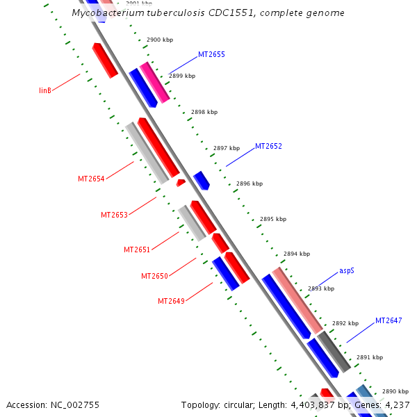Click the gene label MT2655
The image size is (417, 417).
211,54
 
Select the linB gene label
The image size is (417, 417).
46,90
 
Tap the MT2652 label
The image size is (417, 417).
268,147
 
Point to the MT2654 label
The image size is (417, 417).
91,179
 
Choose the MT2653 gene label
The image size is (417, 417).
114,215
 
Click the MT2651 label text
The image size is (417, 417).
137,250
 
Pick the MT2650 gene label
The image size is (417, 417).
154,276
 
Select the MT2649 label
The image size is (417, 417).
171,301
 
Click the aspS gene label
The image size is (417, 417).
347,270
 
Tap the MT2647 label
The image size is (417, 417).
389,321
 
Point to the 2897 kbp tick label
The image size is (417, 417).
227,148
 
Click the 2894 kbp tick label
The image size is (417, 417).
297,254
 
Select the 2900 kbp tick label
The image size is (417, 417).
160,40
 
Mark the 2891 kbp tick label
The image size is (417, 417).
370,358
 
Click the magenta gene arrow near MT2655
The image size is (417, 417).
155,83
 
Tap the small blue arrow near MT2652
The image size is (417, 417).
202,181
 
